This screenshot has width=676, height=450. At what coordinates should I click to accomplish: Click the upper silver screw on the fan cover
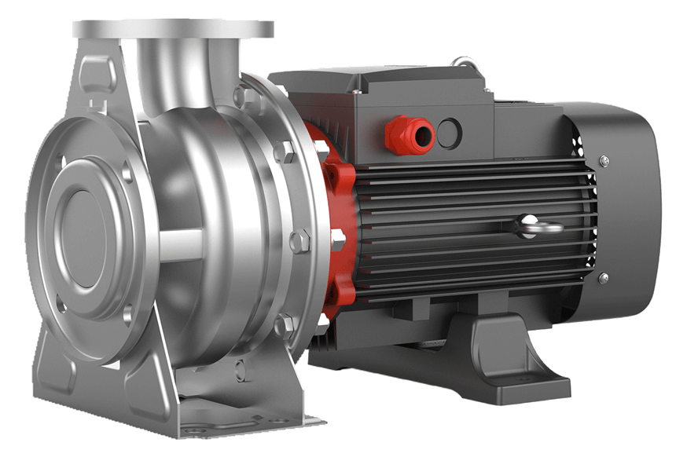click(603, 161)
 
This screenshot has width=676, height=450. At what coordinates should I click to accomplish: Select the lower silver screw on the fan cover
click(603, 278)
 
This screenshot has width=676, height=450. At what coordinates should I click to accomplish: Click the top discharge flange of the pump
click(173, 29)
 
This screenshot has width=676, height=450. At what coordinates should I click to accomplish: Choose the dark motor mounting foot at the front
click(511, 361)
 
